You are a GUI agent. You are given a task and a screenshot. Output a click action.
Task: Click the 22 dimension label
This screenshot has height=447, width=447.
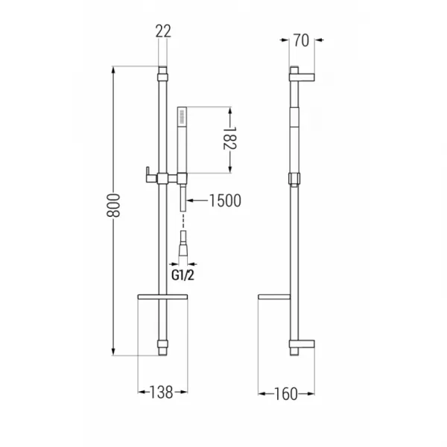tap(163, 31)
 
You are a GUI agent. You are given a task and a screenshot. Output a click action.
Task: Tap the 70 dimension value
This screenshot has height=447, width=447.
tap(301, 40)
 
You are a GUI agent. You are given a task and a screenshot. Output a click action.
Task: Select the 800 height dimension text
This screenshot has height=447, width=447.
tap(113, 206)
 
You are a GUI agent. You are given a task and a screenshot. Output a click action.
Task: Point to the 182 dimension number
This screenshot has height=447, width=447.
tap(229, 138)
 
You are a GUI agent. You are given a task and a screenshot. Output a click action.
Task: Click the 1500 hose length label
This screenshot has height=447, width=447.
tap(225, 200)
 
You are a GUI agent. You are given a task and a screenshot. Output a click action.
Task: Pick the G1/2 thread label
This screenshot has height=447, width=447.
tap(183, 276)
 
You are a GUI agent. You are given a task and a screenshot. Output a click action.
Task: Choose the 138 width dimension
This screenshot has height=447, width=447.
tap(162, 393)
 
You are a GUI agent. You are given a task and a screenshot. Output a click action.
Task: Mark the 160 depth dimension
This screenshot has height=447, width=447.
tap(286, 394)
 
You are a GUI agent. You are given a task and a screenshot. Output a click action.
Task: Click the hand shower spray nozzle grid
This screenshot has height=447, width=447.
tap(182, 117)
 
